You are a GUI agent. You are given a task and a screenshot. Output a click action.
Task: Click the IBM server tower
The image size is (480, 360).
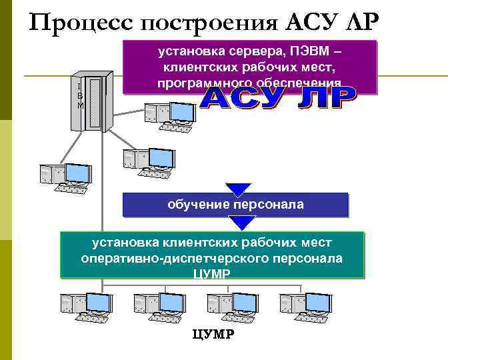93,100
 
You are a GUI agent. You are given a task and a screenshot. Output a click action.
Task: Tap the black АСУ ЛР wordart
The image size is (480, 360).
279,101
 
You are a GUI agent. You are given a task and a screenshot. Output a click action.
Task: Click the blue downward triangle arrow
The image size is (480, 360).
238,189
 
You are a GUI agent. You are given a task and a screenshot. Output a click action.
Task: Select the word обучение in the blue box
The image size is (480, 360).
197,205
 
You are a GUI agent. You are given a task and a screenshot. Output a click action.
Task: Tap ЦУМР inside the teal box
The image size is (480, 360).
212,274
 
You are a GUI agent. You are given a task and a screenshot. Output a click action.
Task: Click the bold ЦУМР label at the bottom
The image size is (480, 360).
212,333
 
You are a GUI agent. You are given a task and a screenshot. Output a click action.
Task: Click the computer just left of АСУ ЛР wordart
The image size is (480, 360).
170,117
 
